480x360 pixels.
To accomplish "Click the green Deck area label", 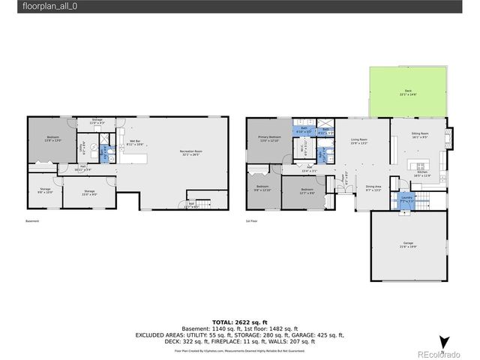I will [406, 92].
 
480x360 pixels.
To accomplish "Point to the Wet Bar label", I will [135, 142].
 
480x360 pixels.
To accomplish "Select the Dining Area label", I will [373, 187].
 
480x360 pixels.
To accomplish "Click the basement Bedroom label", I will [52, 138].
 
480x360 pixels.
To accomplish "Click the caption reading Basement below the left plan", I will [32, 221].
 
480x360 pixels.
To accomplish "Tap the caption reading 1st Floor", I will [252, 221].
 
